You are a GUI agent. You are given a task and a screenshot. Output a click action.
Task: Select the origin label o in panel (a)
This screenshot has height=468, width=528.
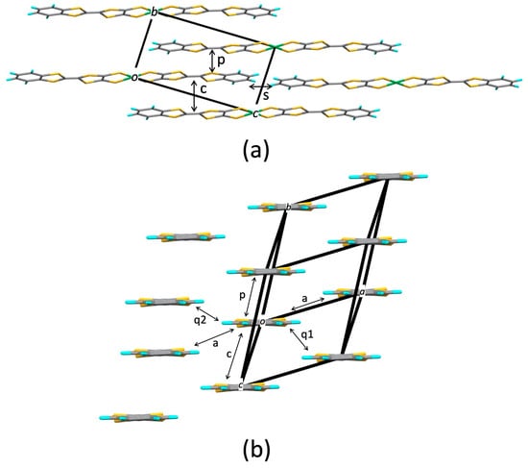coord(135,76)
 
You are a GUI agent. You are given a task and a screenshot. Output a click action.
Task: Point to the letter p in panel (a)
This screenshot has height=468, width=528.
coord(223,60)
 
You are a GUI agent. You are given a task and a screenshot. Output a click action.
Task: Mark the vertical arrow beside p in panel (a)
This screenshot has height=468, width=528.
coord(212,61)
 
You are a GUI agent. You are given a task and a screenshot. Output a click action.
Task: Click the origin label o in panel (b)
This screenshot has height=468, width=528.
coord(262,321)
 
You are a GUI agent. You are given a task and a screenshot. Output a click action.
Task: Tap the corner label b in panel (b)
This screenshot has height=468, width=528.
coord(290,206)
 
